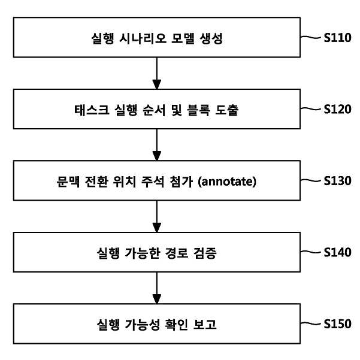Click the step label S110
(x=337, y=38)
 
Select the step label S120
(x=337, y=109)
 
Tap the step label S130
(x=337, y=181)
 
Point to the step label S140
(x=337, y=252)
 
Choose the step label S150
(x=337, y=324)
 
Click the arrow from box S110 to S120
(x=157, y=73)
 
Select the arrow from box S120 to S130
(x=157, y=145)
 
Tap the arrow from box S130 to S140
(x=157, y=216)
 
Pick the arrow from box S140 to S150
(x=157, y=288)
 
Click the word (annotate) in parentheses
(x=227, y=181)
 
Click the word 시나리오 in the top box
(x=143, y=38)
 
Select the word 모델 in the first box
(x=183, y=38)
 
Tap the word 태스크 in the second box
(x=92, y=110)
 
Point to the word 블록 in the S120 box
(x=199, y=110)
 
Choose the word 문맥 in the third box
(x=68, y=181)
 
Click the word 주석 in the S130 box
(x=153, y=181)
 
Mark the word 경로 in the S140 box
(x=177, y=253)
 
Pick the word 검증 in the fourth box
(x=205, y=253)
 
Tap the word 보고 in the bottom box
(x=205, y=325)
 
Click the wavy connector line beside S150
(x=310, y=323)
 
